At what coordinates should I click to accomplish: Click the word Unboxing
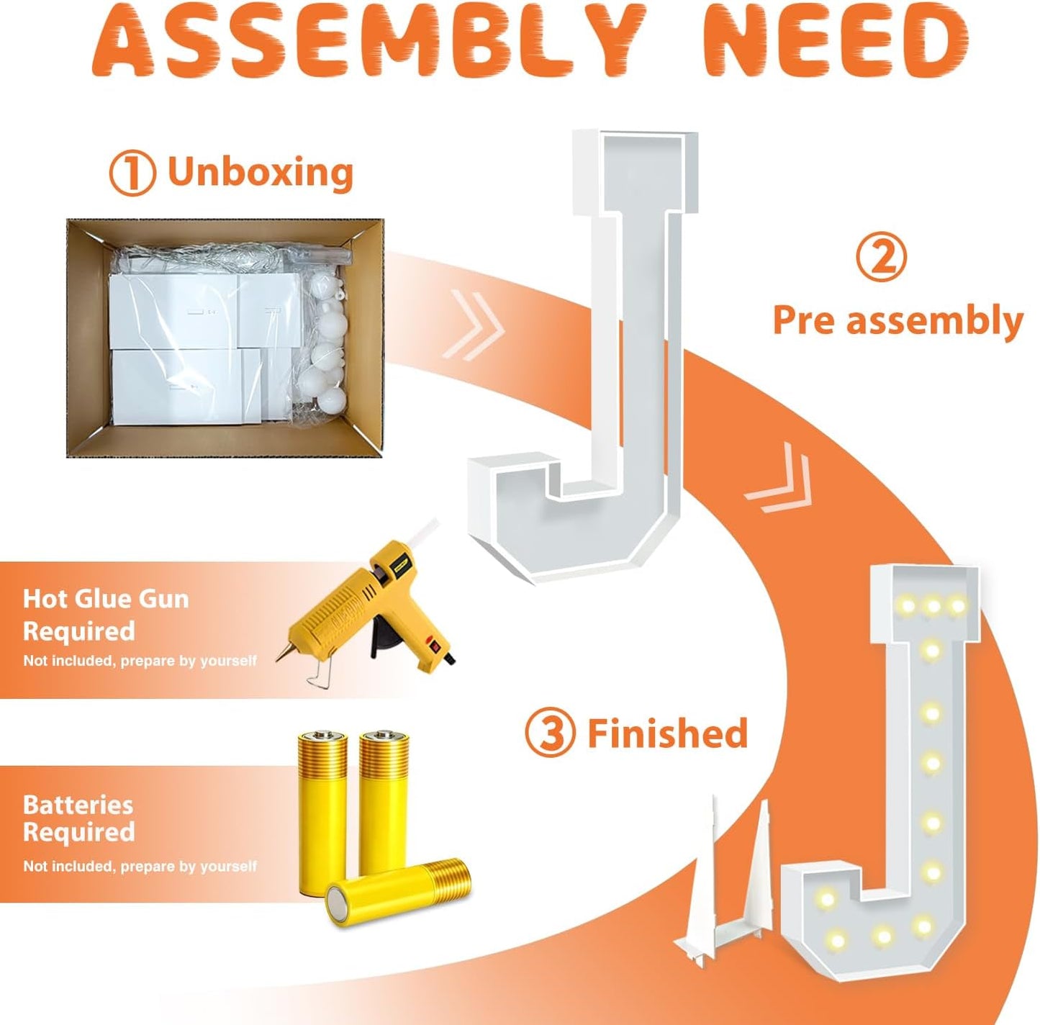pos(260,172)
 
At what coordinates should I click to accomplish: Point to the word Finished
pos(667,733)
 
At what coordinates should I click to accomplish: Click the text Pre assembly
pos(898,320)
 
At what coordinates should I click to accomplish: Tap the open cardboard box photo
pos(225,338)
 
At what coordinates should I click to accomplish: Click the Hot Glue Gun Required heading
pos(106,615)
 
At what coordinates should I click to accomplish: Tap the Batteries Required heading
pos(78,819)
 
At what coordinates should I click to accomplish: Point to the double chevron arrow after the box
pos(474,325)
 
